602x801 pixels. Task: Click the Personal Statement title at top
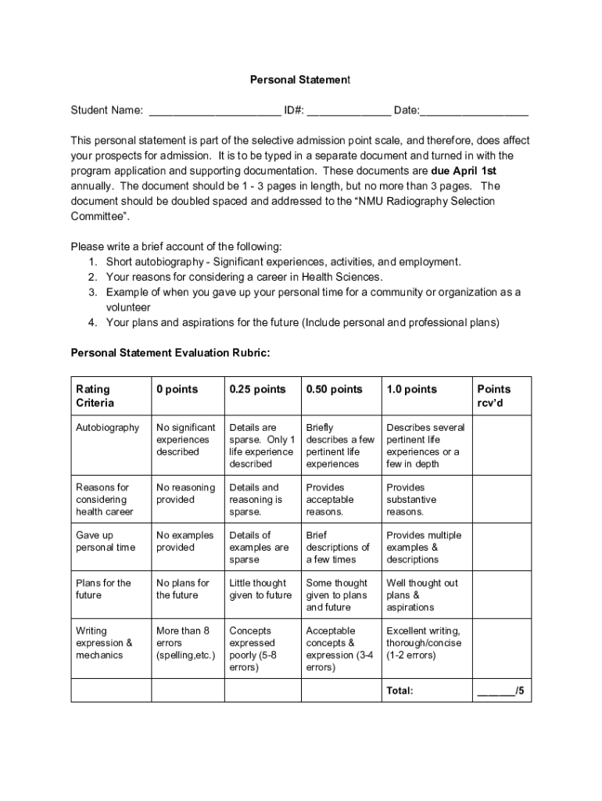pos(300,80)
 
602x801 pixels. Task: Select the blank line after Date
pos(475,111)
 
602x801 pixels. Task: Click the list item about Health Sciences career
pos(244,277)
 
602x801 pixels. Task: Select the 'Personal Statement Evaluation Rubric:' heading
pos(170,353)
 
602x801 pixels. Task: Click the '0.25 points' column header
pos(257,390)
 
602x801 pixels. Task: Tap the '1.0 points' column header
pos(411,390)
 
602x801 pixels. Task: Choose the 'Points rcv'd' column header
pos(493,396)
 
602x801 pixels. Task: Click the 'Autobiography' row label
pos(107,428)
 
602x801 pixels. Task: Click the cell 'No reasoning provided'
pos(185,494)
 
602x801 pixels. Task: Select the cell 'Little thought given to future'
pos(260,589)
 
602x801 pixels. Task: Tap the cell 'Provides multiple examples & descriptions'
pos(424,548)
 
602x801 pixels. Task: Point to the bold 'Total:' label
pos(400,691)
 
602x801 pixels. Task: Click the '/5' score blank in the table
pos(500,691)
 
